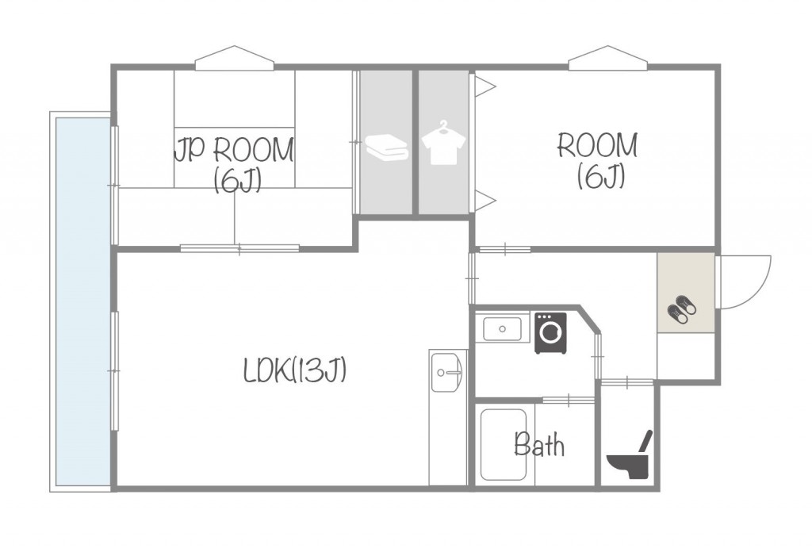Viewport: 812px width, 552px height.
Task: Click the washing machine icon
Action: pyautogui.click(x=550, y=333)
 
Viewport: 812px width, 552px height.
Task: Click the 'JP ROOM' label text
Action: pyautogui.click(x=234, y=150)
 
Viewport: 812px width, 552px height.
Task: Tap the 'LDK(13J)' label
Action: pyautogui.click(x=294, y=370)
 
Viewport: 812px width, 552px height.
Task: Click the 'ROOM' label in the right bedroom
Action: pyautogui.click(x=598, y=145)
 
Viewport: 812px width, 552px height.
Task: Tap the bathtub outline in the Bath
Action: pyautogui.click(x=504, y=445)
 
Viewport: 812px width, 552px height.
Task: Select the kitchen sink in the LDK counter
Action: pyautogui.click(x=447, y=372)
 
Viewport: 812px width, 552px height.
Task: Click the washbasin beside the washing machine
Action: pyautogui.click(x=502, y=329)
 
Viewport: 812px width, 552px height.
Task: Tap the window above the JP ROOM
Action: pyautogui.click(x=235, y=58)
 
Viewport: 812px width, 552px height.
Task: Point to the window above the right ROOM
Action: pyautogui.click(x=608, y=58)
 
